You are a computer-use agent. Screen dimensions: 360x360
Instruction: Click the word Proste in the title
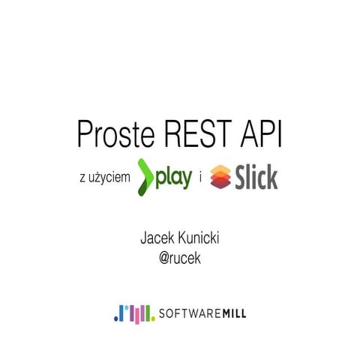point(115,133)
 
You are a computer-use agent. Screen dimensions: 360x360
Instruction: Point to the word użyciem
point(109,178)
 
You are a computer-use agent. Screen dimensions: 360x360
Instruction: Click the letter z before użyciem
point(81,178)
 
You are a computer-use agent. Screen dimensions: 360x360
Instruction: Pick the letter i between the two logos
point(200,178)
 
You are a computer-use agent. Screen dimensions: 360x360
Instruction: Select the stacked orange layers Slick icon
point(221,178)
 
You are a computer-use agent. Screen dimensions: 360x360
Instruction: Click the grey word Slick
point(256,178)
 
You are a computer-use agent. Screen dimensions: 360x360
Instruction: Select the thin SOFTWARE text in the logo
point(186,313)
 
